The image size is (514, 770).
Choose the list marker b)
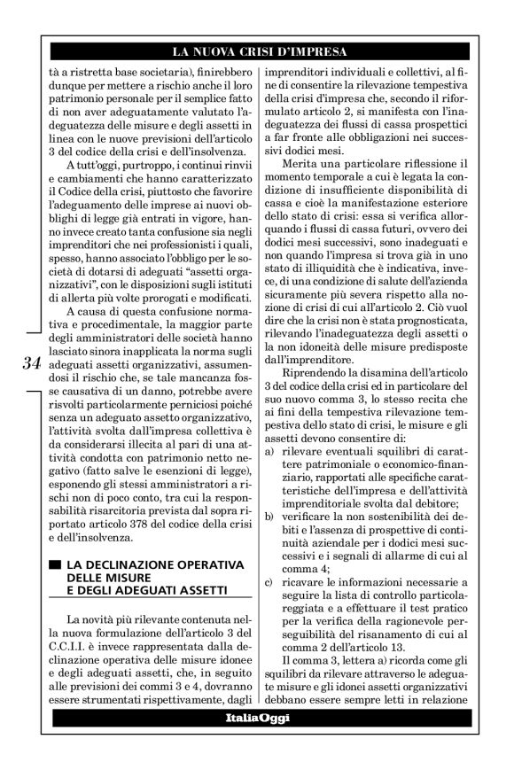[269, 517]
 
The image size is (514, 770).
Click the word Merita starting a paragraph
[300, 189]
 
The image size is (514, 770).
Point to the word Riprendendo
[317, 372]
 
